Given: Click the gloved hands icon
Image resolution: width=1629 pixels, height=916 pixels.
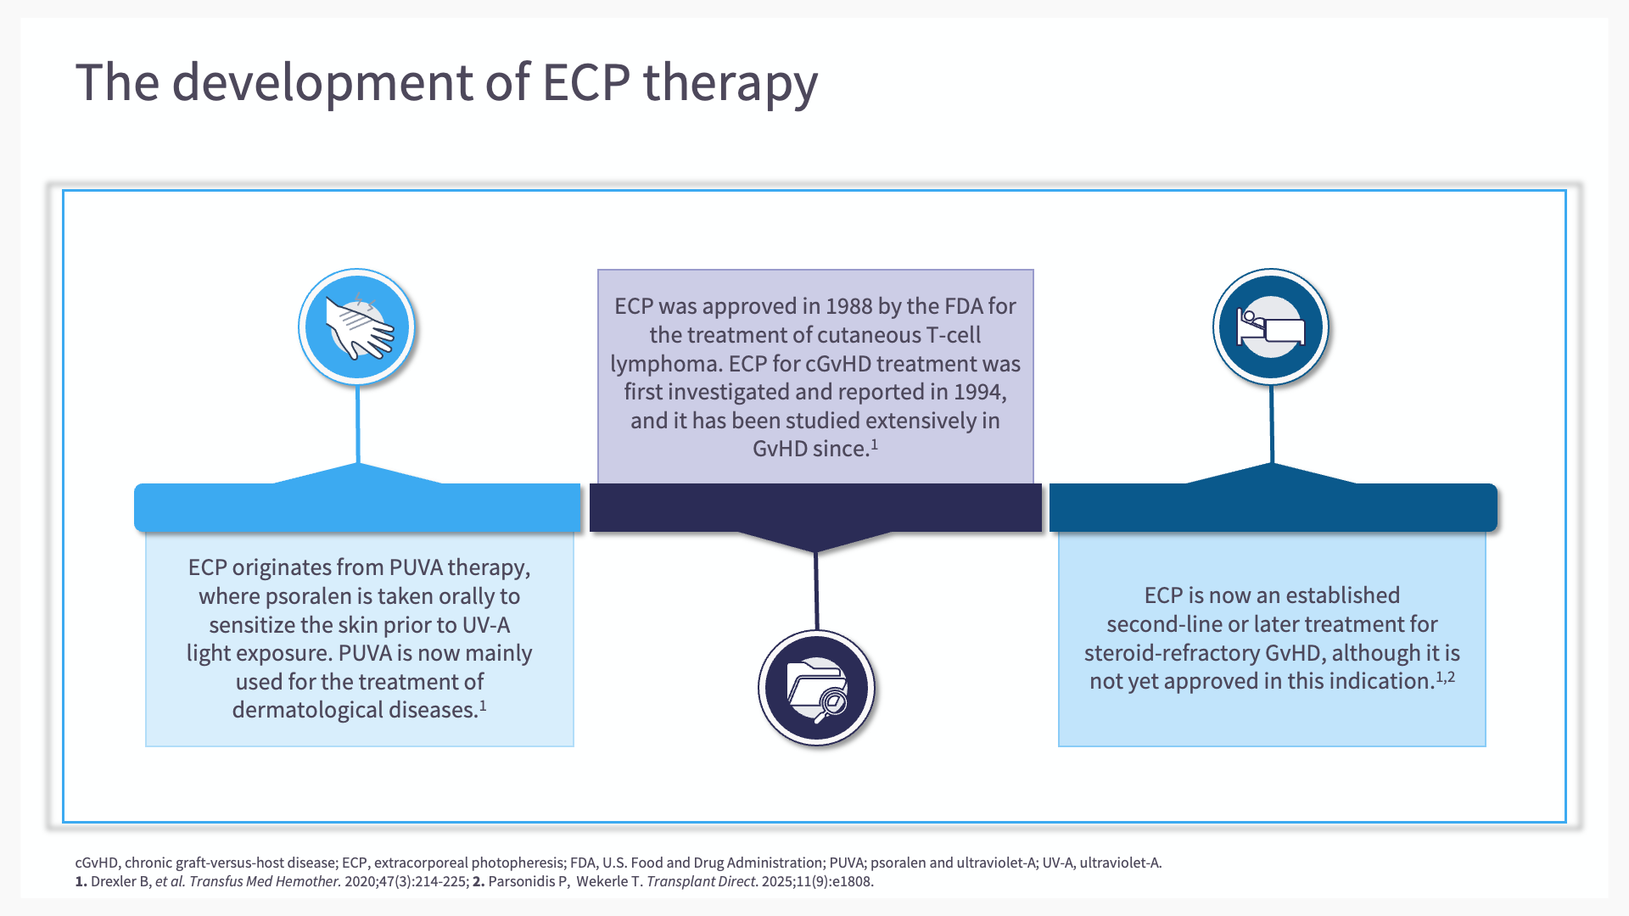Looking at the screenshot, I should (357, 327).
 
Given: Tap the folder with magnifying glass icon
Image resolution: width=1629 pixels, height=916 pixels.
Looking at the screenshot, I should (816, 688).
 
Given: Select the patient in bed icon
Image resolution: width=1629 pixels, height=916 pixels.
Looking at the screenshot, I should (1270, 327).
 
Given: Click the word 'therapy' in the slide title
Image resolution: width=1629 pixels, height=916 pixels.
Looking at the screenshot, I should (730, 83).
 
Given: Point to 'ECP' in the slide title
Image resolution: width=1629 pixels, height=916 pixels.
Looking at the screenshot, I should (585, 83).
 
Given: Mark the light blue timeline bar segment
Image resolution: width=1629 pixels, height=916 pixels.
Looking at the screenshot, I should (357, 507).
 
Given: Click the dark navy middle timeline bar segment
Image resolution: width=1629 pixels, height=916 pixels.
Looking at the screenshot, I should (815, 507).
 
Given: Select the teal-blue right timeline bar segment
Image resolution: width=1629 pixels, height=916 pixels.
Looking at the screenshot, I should (1273, 507).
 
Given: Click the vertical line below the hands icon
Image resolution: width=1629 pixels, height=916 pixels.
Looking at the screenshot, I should (358, 424).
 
